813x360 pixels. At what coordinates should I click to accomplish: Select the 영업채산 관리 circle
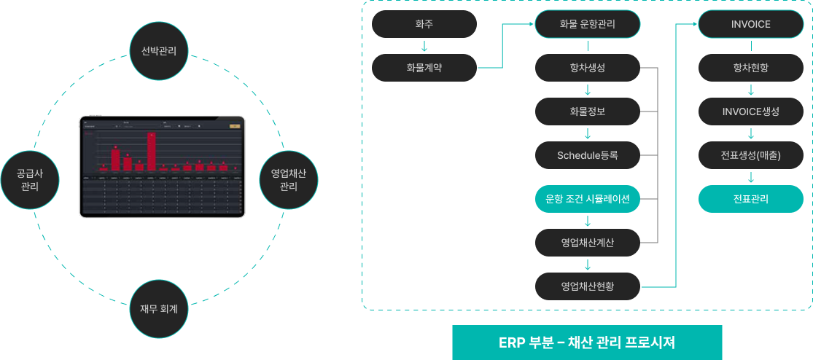(x=288, y=179)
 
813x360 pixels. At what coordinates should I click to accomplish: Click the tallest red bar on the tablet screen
(x=151, y=151)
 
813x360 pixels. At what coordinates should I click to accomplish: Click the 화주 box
(x=424, y=24)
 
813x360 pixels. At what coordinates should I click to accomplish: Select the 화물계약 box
(x=424, y=68)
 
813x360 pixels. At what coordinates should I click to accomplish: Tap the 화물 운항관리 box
(x=588, y=24)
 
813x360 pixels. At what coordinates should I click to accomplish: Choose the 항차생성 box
(x=588, y=68)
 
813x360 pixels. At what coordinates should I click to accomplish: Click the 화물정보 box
(x=588, y=111)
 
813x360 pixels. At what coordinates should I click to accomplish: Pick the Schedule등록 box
(x=588, y=154)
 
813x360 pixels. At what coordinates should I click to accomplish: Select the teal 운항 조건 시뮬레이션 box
(x=588, y=198)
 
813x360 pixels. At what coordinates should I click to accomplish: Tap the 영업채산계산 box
(x=588, y=242)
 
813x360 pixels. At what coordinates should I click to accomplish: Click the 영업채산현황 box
(x=588, y=286)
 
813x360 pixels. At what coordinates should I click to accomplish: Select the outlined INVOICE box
(x=751, y=24)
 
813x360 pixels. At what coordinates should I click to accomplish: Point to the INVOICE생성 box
(x=751, y=111)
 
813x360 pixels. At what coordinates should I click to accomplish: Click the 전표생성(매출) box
(x=751, y=154)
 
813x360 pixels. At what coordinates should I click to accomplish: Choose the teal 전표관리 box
(x=751, y=198)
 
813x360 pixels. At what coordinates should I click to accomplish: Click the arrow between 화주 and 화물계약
(x=424, y=47)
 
